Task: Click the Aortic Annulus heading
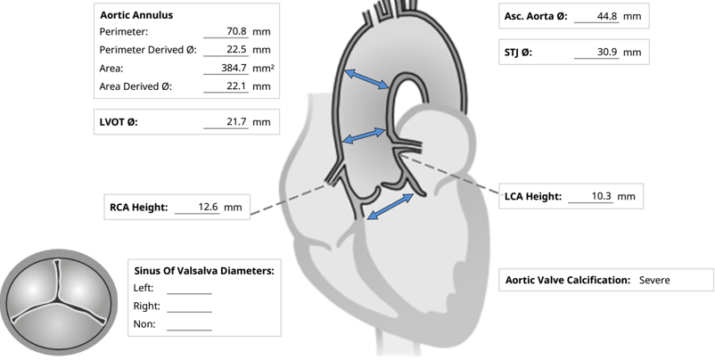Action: coord(136,15)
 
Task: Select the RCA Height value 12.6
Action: coord(208,207)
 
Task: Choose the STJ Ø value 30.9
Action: coord(608,53)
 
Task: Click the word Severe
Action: coord(654,280)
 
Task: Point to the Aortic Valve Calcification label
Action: coord(568,280)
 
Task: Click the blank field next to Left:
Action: coord(189,289)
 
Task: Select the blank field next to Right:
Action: coord(189,307)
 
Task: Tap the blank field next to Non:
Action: coord(189,325)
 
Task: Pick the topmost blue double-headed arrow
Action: coord(366,78)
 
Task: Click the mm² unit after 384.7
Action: coord(263,69)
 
